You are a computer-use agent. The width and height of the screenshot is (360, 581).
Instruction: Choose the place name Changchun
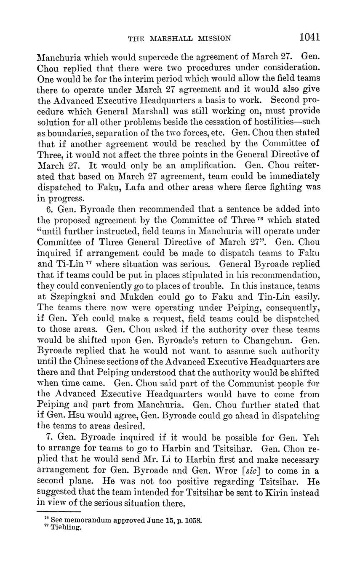point(274,340)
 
